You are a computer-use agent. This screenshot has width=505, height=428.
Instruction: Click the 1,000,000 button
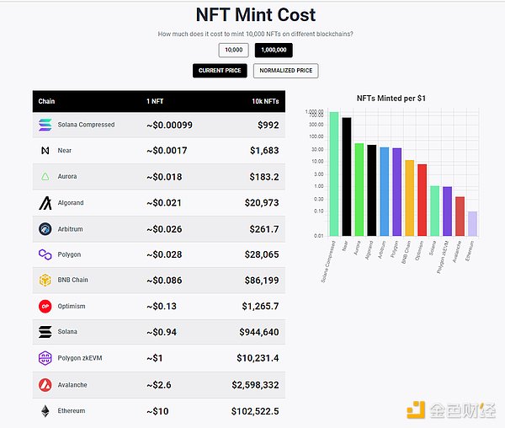tap(274, 51)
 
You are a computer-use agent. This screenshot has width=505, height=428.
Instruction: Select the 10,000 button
tap(234, 51)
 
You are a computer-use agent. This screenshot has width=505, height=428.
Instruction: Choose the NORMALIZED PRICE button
tap(285, 71)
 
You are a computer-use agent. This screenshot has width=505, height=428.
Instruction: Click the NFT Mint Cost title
tap(256, 15)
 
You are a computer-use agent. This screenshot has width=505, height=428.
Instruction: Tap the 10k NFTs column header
tap(264, 102)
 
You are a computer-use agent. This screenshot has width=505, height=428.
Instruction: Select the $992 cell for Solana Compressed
tap(267, 126)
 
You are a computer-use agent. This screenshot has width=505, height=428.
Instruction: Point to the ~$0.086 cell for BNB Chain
tap(167, 281)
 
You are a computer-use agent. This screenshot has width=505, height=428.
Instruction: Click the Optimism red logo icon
tap(45, 307)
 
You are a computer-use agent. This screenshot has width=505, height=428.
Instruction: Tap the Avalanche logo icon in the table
tap(45, 385)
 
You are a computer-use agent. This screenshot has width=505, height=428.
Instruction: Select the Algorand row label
tap(71, 203)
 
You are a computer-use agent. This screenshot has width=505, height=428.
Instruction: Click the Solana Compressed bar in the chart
tap(334, 174)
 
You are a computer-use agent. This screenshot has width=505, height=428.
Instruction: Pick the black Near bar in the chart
tap(347, 176)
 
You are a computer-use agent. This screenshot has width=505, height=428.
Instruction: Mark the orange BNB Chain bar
tap(410, 198)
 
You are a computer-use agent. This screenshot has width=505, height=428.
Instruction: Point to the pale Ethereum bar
tap(472, 223)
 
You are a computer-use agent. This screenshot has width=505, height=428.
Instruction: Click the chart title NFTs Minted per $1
tap(391, 99)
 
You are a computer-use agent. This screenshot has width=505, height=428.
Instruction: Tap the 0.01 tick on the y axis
tap(320, 236)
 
